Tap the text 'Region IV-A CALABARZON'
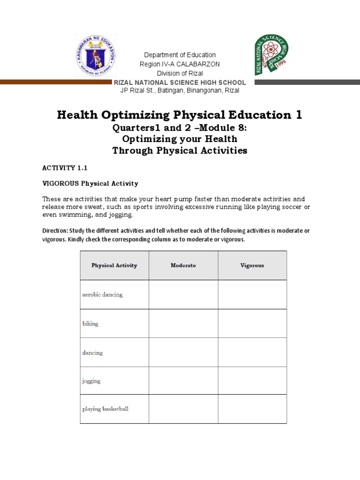click(180, 64)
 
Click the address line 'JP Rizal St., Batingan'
click(180, 90)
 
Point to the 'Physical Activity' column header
click(114, 265)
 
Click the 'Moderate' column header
click(183, 265)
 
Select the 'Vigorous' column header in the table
click(252, 265)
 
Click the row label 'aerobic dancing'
click(102, 295)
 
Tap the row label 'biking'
click(90, 324)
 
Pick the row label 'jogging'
click(91, 381)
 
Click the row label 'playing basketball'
click(105, 409)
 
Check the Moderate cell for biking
click(183, 323)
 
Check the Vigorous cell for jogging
click(252, 381)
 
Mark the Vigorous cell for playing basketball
click(252, 409)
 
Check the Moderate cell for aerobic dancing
click(183, 294)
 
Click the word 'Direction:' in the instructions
click(55, 231)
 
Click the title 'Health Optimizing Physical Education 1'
click(180, 115)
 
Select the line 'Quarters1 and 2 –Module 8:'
click(180, 128)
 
